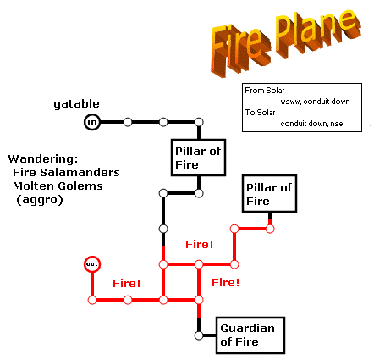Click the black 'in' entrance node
(x=92, y=122)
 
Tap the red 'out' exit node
(x=92, y=264)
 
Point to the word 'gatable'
(x=76, y=104)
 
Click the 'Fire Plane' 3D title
(x=286, y=43)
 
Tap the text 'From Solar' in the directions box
(x=265, y=91)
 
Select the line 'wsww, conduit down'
(x=315, y=102)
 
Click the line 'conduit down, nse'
(x=311, y=124)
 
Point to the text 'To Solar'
(x=260, y=113)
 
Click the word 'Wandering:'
(x=43, y=158)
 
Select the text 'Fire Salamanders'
(x=66, y=172)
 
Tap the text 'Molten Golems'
(x=58, y=186)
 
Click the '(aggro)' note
(x=40, y=200)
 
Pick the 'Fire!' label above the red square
(x=199, y=244)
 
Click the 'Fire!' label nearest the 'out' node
(x=127, y=283)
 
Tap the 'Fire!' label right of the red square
(x=226, y=282)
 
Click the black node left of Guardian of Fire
(x=199, y=335)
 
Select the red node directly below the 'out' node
(x=92, y=300)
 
